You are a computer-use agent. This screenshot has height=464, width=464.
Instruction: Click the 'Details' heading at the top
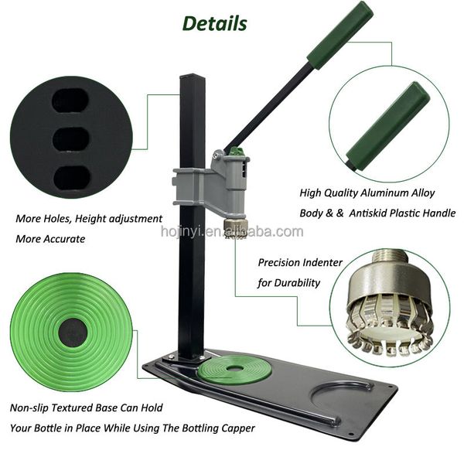tap(214, 23)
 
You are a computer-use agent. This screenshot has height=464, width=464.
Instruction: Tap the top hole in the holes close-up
tap(70, 101)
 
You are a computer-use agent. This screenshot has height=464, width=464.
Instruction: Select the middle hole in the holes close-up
tap(71, 138)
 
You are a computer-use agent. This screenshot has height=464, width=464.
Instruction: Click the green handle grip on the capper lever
tap(340, 35)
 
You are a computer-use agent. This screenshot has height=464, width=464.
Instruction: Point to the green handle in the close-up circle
tap(388, 126)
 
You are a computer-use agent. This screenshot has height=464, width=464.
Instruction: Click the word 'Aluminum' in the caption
tap(384, 193)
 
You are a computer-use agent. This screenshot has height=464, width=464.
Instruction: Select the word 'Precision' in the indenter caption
tap(278, 262)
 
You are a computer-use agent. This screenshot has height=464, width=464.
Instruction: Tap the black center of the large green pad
tap(73, 332)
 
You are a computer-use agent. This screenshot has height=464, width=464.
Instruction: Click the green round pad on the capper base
tap(234, 370)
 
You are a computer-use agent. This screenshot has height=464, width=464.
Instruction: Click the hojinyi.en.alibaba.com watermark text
tap(232, 231)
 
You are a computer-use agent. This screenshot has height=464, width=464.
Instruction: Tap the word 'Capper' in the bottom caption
tap(238, 428)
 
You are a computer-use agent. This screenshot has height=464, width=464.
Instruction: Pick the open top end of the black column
tap(192, 77)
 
